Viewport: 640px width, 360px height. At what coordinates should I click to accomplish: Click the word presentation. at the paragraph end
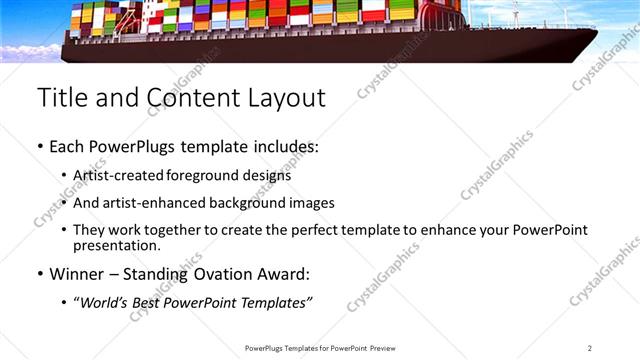coord(116,245)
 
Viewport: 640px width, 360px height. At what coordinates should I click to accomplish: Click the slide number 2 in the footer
coord(590,348)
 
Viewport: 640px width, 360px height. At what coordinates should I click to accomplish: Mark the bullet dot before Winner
coord(40,273)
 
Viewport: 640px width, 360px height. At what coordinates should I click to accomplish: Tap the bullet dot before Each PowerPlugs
coord(40,147)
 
